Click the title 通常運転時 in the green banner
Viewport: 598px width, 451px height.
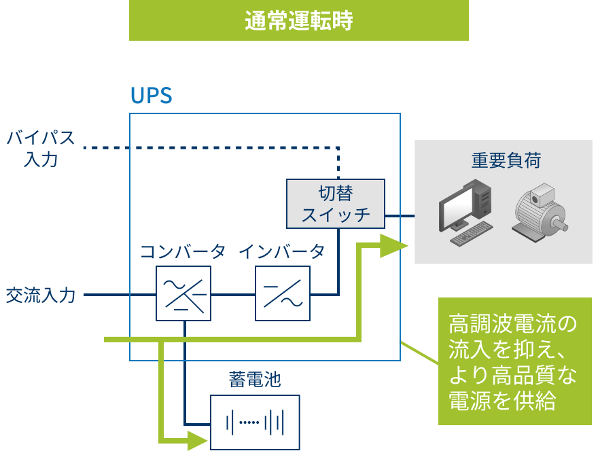click(x=298, y=21)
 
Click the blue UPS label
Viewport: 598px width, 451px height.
click(x=151, y=96)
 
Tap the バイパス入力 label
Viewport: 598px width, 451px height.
click(x=41, y=147)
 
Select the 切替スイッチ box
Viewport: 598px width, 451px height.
click(x=335, y=203)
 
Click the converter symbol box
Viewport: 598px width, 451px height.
click(x=183, y=293)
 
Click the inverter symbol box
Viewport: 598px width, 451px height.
click(x=283, y=293)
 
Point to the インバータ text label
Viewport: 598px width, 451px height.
click(x=281, y=252)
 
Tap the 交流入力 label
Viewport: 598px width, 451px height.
click(x=41, y=295)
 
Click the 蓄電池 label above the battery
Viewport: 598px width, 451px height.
click(x=255, y=380)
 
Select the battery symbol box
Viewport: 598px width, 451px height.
click(x=255, y=421)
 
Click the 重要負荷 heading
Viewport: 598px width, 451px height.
click(x=506, y=160)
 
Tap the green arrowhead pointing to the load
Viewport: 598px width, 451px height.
click(x=393, y=245)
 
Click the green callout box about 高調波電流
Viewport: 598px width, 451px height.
click(x=514, y=361)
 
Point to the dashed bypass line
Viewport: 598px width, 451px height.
click(x=204, y=147)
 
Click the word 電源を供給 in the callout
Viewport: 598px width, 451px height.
click(x=503, y=401)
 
